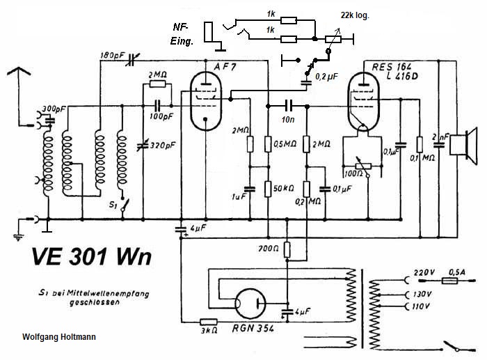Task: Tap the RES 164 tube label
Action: pos(389,67)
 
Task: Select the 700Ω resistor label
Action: pos(269,248)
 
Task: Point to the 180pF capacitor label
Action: pos(112,55)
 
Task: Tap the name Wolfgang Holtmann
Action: pos(59,338)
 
